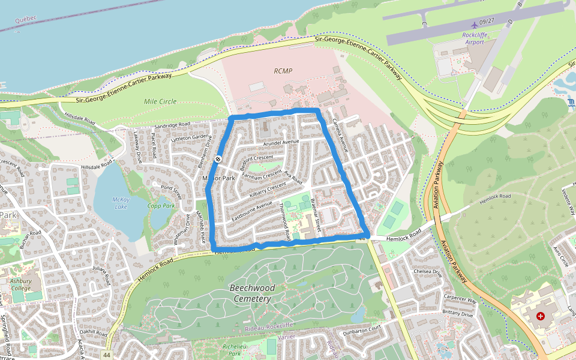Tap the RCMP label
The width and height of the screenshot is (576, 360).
[283, 71]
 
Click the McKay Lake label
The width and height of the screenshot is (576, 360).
[120, 203]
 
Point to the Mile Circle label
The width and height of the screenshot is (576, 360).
[160, 101]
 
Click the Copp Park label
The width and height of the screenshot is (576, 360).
[161, 206]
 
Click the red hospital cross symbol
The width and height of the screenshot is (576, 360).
[541, 316]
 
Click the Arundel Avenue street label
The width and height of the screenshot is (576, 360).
[280, 142]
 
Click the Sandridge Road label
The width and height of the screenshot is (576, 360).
[172, 124]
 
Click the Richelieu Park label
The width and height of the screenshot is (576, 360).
[231, 349]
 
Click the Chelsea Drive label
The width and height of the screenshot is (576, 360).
[427, 273]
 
